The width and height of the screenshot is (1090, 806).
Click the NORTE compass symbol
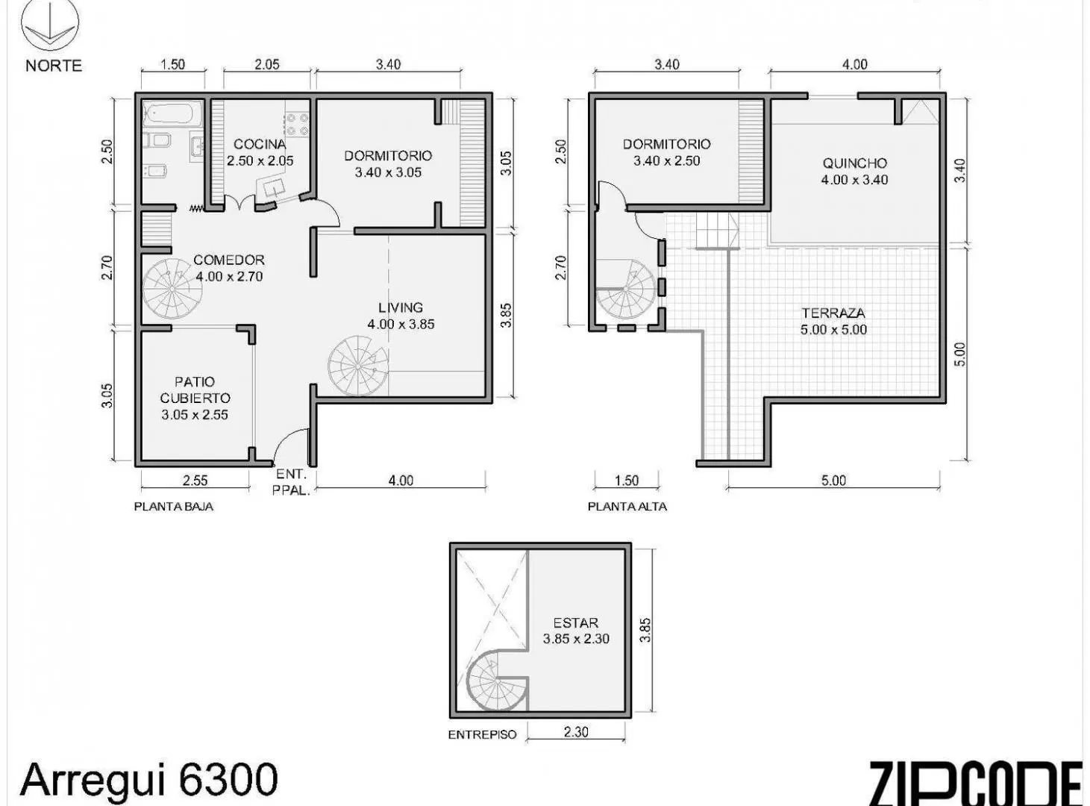[50, 25]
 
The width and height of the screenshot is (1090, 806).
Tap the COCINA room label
[260, 144]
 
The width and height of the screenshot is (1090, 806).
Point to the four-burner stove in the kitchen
[298, 124]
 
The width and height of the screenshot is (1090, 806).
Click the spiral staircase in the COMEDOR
[172, 289]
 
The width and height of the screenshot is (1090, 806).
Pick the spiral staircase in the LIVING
[358, 366]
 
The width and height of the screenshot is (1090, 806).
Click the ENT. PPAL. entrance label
[292, 482]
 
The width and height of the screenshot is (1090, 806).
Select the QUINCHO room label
[854, 163]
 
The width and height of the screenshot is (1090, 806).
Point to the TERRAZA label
[833, 313]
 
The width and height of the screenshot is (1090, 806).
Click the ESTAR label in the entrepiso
[575, 622]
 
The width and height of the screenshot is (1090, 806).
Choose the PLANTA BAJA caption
[174, 507]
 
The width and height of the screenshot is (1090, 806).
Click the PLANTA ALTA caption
[627, 507]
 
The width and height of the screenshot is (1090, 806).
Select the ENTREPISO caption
[482, 734]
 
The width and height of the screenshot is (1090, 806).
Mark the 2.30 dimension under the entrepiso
[575, 732]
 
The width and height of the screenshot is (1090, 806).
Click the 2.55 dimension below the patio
[195, 480]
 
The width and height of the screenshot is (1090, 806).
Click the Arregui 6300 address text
[149, 779]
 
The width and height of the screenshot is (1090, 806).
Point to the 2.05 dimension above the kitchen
[266, 64]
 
